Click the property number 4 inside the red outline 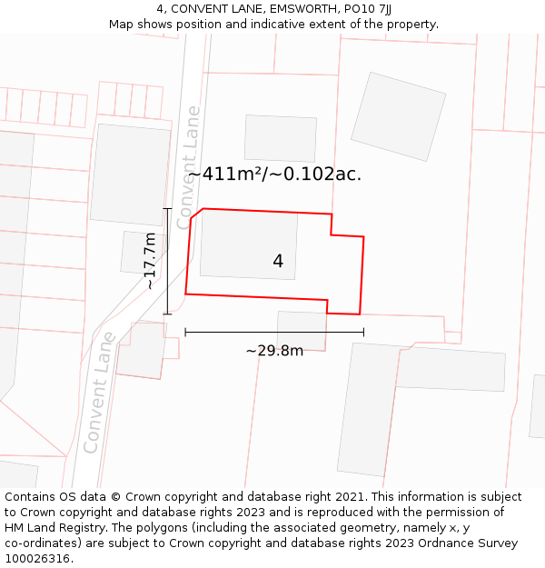coord(278,262)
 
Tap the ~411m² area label coord(274,174)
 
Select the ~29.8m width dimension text coord(274,351)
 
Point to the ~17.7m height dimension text coord(151,261)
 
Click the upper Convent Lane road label coord(189,167)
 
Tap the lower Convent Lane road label coord(99,393)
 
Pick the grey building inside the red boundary coord(248,244)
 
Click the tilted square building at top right coord(398,116)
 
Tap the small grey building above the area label coord(280,138)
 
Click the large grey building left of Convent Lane coord(130,174)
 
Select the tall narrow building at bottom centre coord(368,409)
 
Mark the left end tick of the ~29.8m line coord(185,333)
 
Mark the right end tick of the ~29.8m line coord(363,333)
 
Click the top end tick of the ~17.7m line coord(167,209)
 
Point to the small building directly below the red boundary coord(302,331)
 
